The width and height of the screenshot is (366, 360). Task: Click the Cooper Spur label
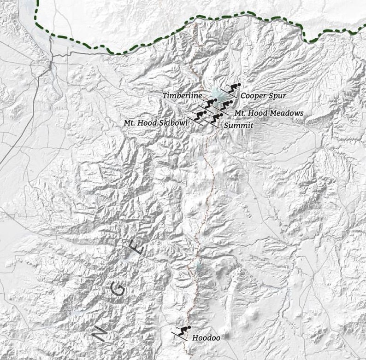[x=263, y=96]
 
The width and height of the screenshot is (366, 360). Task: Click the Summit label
[x=239, y=125]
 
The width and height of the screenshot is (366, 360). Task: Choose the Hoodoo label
[x=207, y=338]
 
